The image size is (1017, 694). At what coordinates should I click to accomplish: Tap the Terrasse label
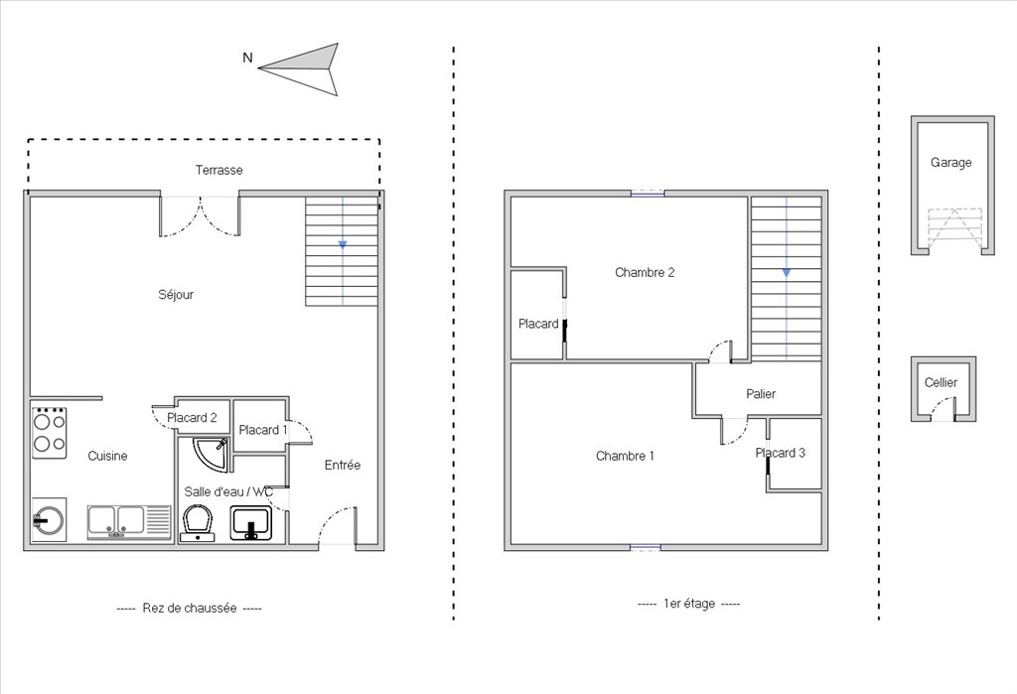[219, 170]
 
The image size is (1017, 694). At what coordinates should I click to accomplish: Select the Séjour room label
[176, 295]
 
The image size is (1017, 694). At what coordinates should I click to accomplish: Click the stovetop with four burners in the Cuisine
[50, 433]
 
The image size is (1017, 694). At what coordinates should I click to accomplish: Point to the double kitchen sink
[129, 522]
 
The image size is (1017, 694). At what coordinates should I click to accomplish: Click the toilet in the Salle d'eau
[198, 523]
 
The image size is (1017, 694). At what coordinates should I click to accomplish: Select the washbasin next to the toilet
[251, 523]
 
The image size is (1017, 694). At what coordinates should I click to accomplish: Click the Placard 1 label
[262, 429]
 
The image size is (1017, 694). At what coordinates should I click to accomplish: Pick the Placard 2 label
[192, 418]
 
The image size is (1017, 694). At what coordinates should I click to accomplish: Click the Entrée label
[343, 465]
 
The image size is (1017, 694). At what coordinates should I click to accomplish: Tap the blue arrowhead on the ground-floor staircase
[343, 244]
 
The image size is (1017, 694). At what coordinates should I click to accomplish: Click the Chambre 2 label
[645, 272]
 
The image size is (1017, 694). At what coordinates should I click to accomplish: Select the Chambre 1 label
[626, 456]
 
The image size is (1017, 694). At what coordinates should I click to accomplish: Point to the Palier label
[761, 394]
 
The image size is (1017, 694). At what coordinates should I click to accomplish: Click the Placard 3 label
[781, 453]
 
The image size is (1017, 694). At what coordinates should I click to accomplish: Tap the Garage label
[950, 162]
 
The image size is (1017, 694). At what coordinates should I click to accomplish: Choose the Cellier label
[942, 382]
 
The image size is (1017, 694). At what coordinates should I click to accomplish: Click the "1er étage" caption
[689, 604]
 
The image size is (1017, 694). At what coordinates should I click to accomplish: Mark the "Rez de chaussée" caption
[190, 609]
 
